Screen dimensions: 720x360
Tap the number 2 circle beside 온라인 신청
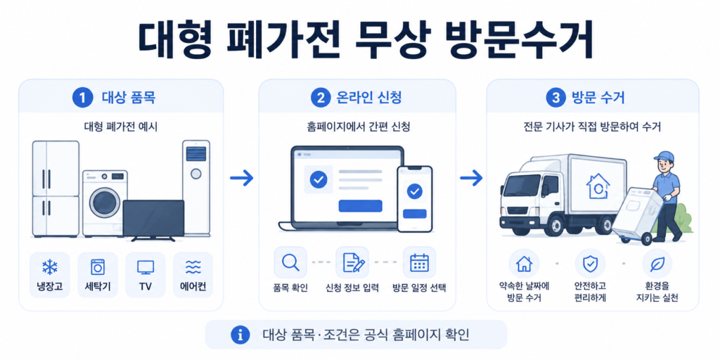coord(319,97)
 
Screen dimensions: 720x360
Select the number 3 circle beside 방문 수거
coord(554,97)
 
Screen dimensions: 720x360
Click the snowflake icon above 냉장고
coord(50,267)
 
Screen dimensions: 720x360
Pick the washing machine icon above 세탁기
coord(97,267)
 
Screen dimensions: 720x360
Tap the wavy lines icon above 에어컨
coord(193,266)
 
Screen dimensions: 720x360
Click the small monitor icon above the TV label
coord(146,267)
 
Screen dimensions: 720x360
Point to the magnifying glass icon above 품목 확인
coord(290,262)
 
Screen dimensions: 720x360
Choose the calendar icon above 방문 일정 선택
coord(419,263)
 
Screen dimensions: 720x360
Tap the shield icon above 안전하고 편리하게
coord(590,263)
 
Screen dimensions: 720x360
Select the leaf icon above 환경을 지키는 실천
coord(657,263)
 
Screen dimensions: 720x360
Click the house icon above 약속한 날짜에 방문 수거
coord(524,263)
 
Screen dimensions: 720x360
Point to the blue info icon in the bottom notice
coord(239,335)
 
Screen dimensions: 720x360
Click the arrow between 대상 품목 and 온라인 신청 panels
coord(242,178)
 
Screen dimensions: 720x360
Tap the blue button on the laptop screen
coord(360,206)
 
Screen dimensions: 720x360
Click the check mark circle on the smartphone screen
coord(415,191)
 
